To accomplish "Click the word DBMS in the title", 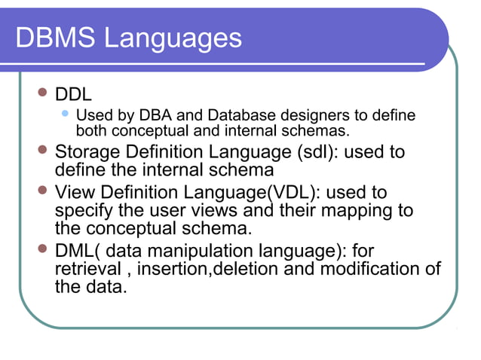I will [x=56, y=38].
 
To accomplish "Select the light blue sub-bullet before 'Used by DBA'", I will [x=66, y=114].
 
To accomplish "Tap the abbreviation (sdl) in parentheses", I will [x=319, y=152].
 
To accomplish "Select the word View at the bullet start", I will [x=75, y=191].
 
